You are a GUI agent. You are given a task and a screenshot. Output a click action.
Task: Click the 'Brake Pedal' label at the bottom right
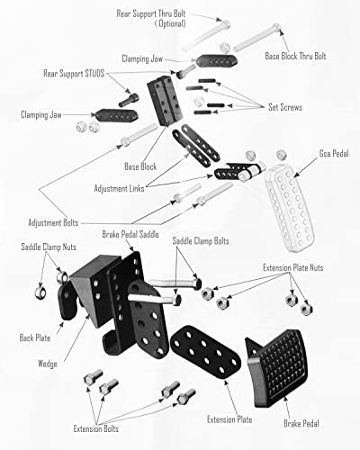pyautogui.click(x=310, y=420)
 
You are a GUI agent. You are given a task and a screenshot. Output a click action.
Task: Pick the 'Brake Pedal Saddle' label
pyautogui.click(x=132, y=234)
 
